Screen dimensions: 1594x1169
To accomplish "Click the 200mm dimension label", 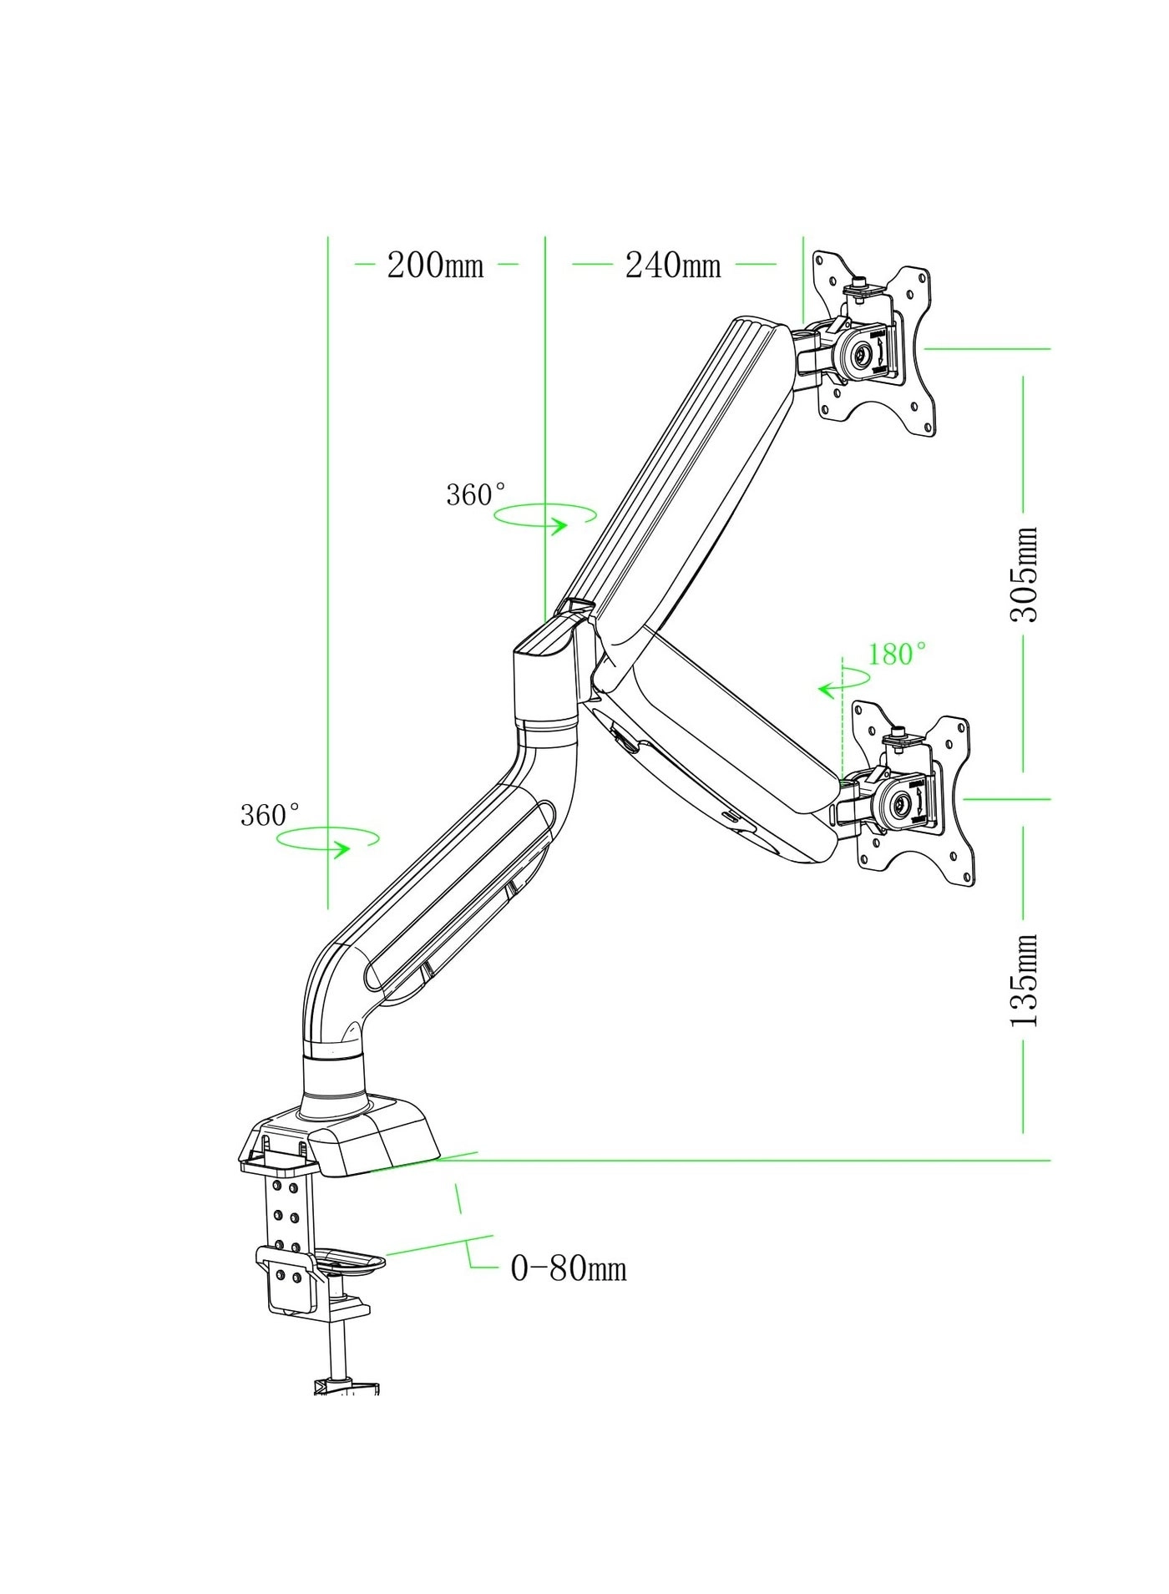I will pos(435,266).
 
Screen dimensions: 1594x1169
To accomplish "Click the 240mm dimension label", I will pos(673,266).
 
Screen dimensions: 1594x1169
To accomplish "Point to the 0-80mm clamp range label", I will pos(568,1270).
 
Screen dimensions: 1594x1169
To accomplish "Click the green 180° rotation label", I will pos(897,654).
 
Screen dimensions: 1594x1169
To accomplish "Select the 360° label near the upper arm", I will pos(476,495).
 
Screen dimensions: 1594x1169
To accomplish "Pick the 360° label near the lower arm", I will pos(270,815).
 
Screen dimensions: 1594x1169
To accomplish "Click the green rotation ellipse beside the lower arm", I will pos(328,838).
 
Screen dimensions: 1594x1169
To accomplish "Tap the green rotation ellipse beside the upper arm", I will pos(545,515).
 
